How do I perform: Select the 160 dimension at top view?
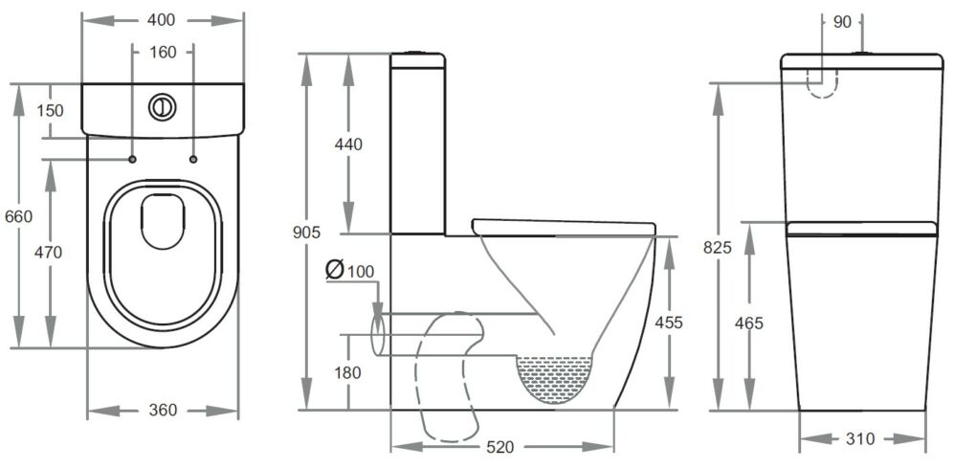click(x=163, y=53)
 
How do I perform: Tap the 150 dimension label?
click(x=49, y=110)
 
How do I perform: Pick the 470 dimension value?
click(x=48, y=253)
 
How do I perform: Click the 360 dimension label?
click(x=163, y=411)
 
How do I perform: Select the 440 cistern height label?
click(x=348, y=145)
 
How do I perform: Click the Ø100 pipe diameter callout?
click(x=349, y=270)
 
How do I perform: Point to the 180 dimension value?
click(x=347, y=372)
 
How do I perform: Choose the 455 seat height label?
click(x=668, y=323)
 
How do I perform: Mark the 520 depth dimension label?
click(x=501, y=447)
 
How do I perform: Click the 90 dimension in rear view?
click(x=842, y=21)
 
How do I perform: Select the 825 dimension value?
click(x=717, y=247)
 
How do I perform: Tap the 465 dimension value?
click(x=748, y=323)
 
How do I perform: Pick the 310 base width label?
click(x=861, y=439)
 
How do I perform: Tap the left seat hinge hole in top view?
click(x=132, y=159)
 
